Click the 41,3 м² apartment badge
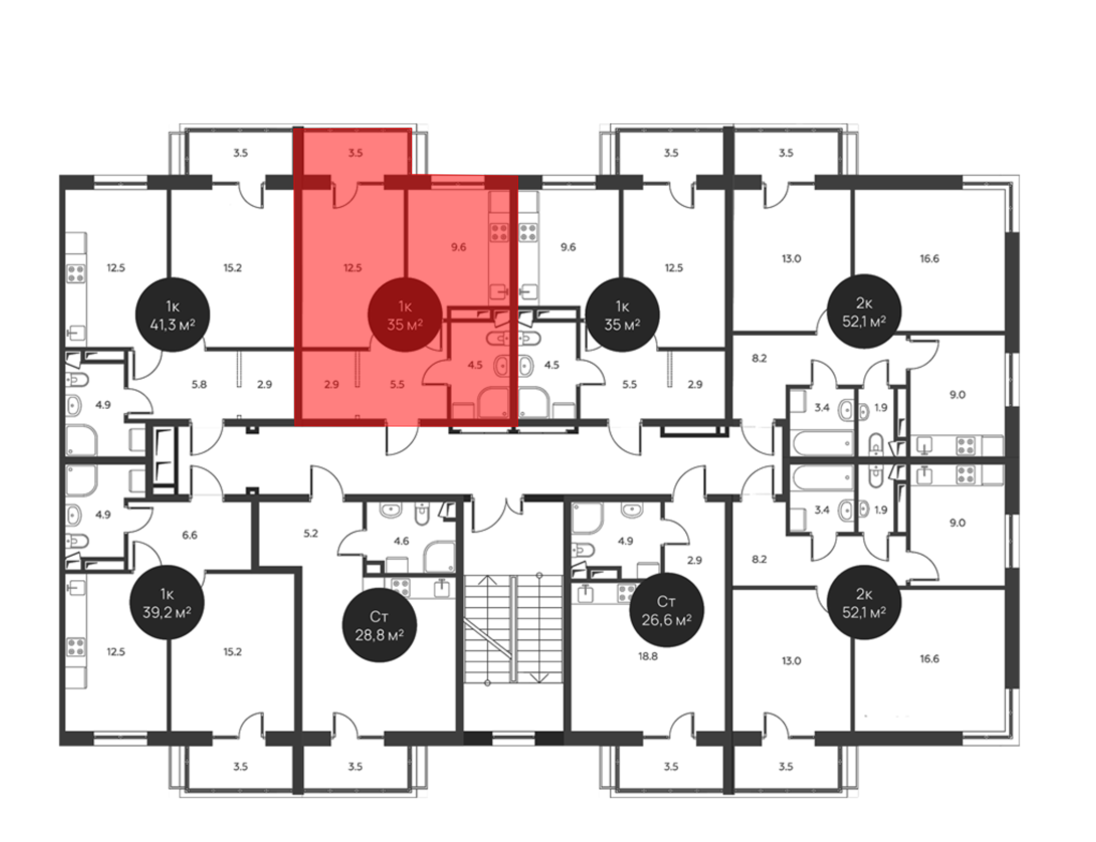pyautogui.click(x=173, y=315)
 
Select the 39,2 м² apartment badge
pyautogui.click(x=167, y=602)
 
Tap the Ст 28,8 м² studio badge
pyautogui.click(x=379, y=625)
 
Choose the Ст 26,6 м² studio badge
pyautogui.click(x=666, y=610)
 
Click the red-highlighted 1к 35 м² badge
pyautogui.click(x=405, y=315)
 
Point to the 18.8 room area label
pyautogui.click(x=648, y=656)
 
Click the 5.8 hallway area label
pyautogui.click(x=199, y=385)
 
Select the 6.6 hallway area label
pyautogui.click(x=190, y=535)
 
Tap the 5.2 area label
pyautogui.click(x=311, y=533)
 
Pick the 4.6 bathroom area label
pyautogui.click(x=401, y=541)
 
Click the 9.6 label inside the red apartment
pyautogui.click(x=459, y=247)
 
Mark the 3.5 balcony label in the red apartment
pyautogui.click(x=356, y=153)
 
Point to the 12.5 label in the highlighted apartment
pyautogui.click(x=353, y=268)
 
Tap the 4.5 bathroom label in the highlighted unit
pyautogui.click(x=475, y=365)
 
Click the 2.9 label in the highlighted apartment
pyautogui.click(x=332, y=385)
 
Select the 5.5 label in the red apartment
pyautogui.click(x=397, y=385)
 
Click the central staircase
pyautogui.click(x=513, y=629)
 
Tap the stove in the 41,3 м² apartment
pyautogui.click(x=76, y=273)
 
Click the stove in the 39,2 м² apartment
pyautogui.click(x=76, y=647)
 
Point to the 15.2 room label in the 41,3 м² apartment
pyautogui.click(x=232, y=268)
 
